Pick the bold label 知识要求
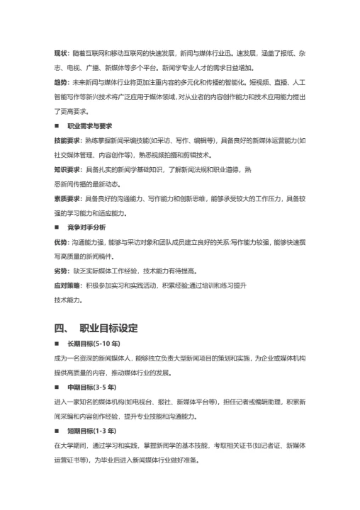coord(67,170)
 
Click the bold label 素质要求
coord(67,199)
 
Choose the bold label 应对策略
coord(67,285)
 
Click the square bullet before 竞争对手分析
coord(57,227)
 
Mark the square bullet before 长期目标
coord(57,344)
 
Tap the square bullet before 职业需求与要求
coord(57,125)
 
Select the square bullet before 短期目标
coord(57,431)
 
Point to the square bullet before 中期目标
coord(57,387)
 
